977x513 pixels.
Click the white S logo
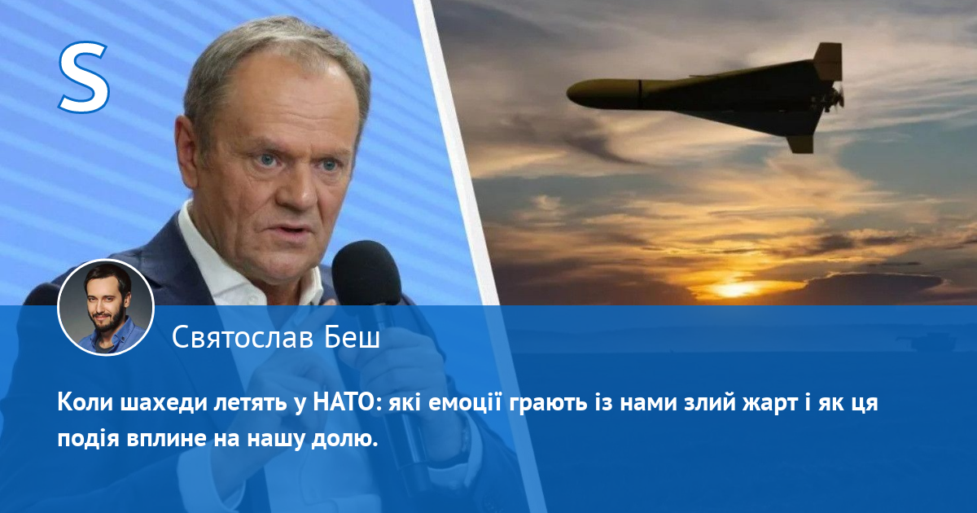(x=84, y=77)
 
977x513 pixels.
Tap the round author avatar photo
(x=106, y=308)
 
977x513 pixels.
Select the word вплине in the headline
(x=166, y=440)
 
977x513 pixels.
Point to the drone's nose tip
(x=568, y=94)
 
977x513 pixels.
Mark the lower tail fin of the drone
(x=802, y=143)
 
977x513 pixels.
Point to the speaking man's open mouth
(x=291, y=230)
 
